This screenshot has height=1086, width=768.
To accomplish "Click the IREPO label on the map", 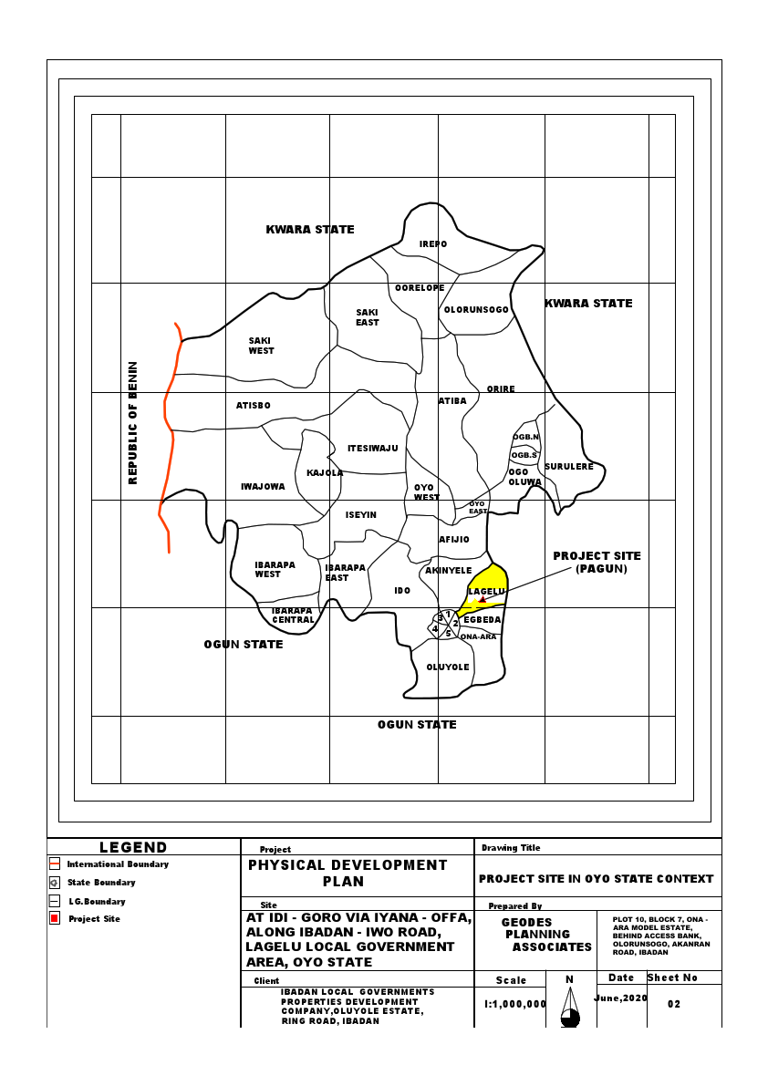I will pyautogui.click(x=433, y=244).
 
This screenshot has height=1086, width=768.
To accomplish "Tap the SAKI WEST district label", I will pyautogui.click(x=261, y=346).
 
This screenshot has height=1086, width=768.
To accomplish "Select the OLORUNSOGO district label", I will pyautogui.click(x=476, y=310).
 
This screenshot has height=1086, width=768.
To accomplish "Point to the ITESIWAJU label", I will pyautogui.click(x=373, y=449).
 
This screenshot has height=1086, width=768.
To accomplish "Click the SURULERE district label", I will pyautogui.click(x=569, y=467).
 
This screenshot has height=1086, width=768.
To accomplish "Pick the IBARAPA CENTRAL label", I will pyautogui.click(x=293, y=615).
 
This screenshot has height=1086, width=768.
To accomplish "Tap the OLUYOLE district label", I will pyautogui.click(x=448, y=667).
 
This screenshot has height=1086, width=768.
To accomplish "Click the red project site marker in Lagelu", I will pyautogui.click(x=482, y=600).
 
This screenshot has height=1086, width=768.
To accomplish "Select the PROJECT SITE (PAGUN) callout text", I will pyautogui.click(x=597, y=562).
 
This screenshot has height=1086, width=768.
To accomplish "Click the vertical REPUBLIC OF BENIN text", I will pyautogui.click(x=133, y=422).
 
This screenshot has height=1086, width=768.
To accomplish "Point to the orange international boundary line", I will pyautogui.click(x=166, y=410).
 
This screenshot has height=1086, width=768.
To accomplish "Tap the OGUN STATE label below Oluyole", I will pyautogui.click(x=417, y=725).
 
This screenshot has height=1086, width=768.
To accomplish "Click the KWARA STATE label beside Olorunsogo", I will pyautogui.click(x=588, y=304).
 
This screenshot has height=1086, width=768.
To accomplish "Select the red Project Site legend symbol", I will pyautogui.click(x=54, y=918).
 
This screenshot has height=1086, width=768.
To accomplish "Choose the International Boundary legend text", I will pyautogui.click(x=118, y=864).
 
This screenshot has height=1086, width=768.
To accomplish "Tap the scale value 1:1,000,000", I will pyautogui.click(x=514, y=1003).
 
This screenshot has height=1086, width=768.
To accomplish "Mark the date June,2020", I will pyautogui.click(x=620, y=998).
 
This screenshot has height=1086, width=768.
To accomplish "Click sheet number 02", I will pyautogui.click(x=674, y=1004).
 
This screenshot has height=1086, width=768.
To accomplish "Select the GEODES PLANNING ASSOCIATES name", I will pyautogui.click(x=538, y=935).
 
